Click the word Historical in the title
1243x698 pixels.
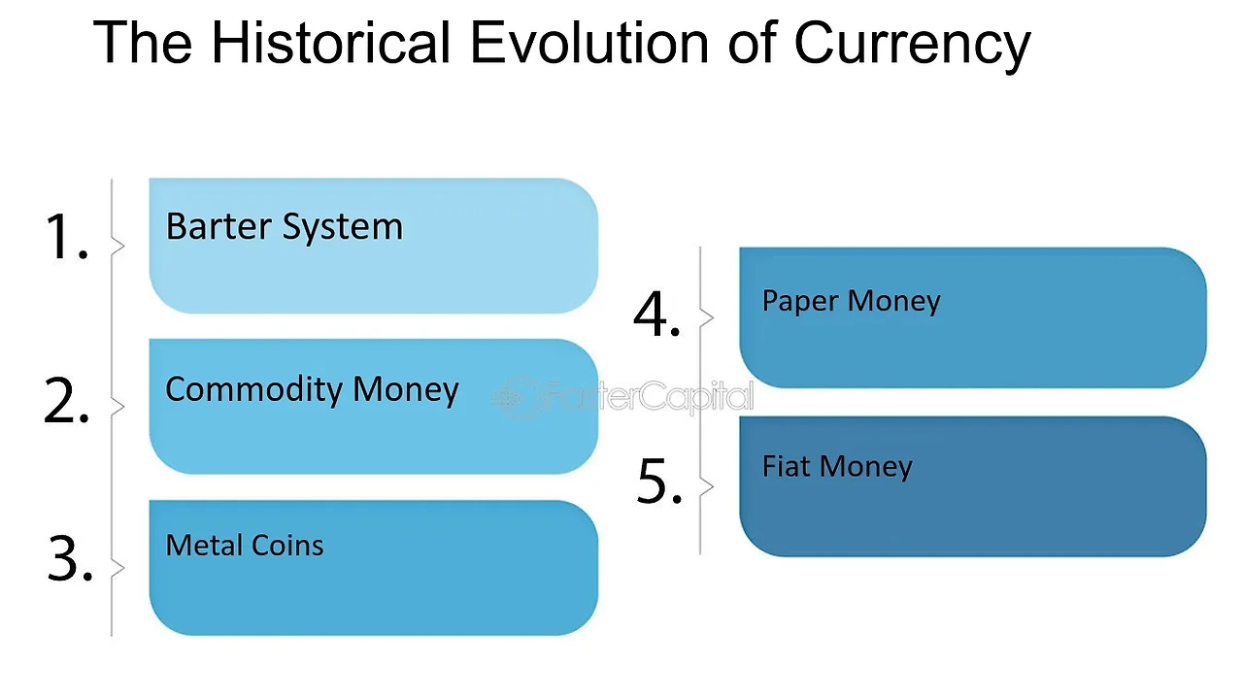[x=331, y=43]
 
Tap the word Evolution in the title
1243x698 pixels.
[x=589, y=43]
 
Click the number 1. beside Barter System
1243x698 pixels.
[x=67, y=236]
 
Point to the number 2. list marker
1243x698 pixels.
[x=66, y=400]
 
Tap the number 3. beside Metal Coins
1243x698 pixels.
[x=70, y=558]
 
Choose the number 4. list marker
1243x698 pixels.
[x=656, y=314]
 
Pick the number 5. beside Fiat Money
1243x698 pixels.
[x=659, y=482]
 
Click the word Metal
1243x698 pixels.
[x=204, y=545]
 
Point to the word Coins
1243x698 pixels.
[x=286, y=545]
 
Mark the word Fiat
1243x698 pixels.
[x=786, y=466]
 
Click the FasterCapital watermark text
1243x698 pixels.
[x=650, y=396]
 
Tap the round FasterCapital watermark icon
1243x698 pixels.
[x=516, y=397]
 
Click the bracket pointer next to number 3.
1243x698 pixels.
[x=118, y=567]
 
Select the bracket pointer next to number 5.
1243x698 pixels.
[x=707, y=486]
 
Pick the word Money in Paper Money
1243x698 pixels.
[x=894, y=302]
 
